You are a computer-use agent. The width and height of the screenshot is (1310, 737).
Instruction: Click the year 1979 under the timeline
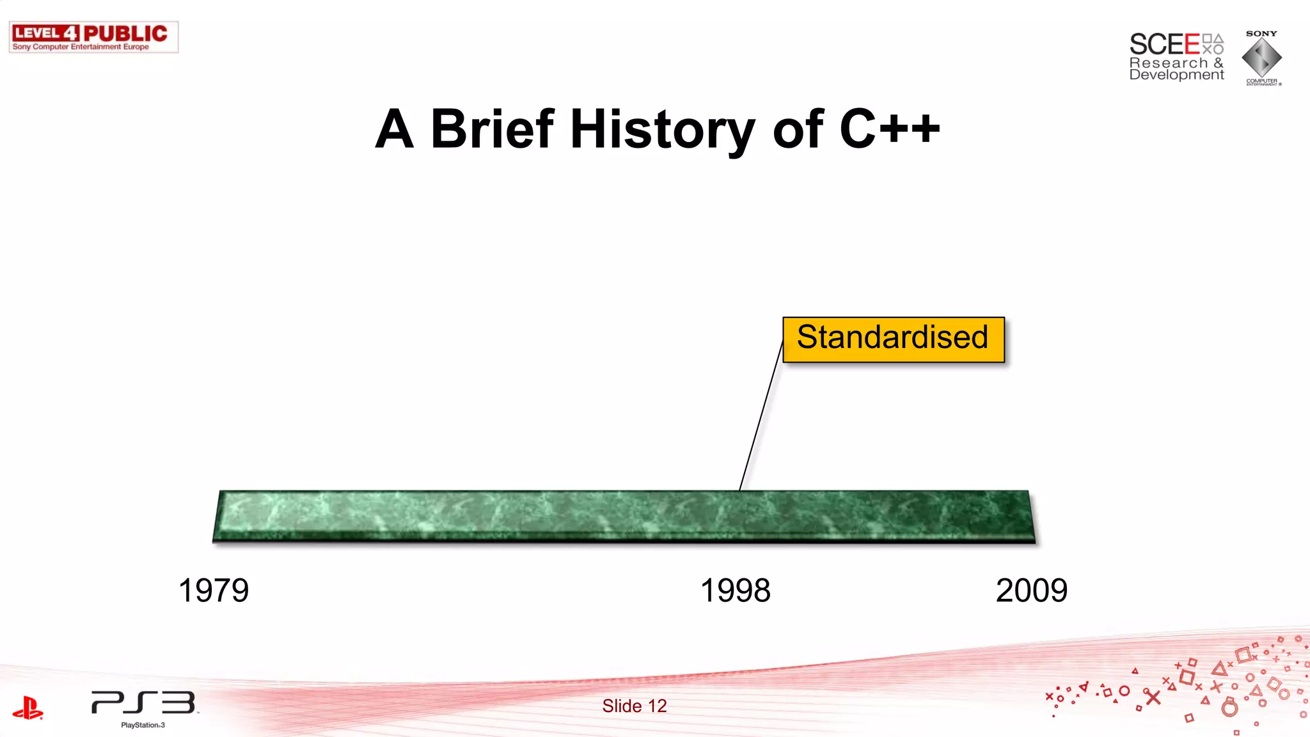pos(214,590)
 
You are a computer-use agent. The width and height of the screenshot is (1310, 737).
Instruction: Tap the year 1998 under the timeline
pos(736,590)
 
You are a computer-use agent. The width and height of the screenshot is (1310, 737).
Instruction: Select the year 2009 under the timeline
pos(1031,590)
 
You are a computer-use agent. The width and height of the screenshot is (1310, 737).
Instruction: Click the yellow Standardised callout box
pos(893,339)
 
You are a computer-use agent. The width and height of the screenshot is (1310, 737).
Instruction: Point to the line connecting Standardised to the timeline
pos(761,416)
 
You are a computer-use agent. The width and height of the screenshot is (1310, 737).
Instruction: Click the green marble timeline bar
pos(624,516)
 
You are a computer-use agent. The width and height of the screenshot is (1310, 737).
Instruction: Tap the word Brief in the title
pos(492,129)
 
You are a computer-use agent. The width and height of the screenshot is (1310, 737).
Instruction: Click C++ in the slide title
pos(889,129)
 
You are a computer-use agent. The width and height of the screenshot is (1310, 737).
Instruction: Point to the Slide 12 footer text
pos(634,706)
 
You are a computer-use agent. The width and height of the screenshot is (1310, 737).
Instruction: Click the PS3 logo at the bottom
pos(143,702)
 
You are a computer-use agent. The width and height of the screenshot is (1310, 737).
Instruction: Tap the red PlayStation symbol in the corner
pos(28,708)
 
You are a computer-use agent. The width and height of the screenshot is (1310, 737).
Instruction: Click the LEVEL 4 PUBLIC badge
pos(93,33)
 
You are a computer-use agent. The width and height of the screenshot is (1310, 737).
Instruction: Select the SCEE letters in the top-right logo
pos(1164,44)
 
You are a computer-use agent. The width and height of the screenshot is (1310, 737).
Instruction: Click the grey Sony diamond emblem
pos(1261,58)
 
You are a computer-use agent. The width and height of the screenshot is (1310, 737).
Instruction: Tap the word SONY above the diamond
pos(1261,33)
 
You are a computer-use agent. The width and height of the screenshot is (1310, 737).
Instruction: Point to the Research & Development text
pos(1176,68)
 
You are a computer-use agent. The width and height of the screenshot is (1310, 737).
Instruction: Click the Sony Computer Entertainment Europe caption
pos(81,47)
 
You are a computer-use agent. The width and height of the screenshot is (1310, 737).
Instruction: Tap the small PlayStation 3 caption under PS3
pos(143,725)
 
